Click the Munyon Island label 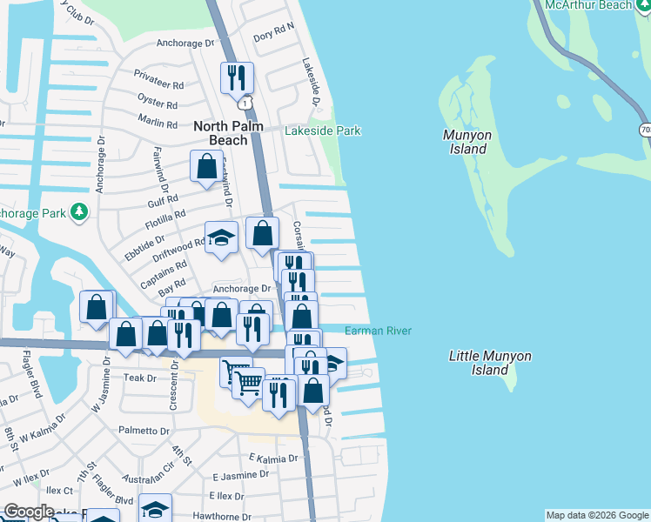point(467,142)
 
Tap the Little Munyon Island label point(490,363)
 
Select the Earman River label point(378,331)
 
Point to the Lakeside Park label point(323,130)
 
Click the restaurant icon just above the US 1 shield point(237,77)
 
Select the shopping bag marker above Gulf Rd point(207,165)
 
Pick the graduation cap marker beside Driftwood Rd point(222,238)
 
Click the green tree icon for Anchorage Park point(79,211)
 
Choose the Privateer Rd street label point(159,85)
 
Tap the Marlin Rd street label point(158,124)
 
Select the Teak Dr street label point(139,378)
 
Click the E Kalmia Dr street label point(273,458)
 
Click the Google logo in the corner point(28,512)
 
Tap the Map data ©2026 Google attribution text point(597,515)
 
